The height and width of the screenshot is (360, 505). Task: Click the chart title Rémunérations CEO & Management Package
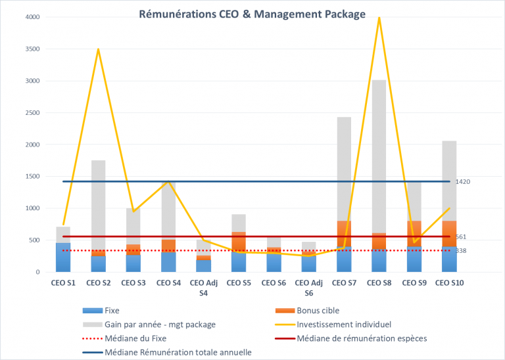[252, 14]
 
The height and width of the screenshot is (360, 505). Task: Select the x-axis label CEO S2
[98, 282]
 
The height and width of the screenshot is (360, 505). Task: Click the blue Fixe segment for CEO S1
[63, 258]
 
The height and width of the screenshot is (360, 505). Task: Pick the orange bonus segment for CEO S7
[344, 234]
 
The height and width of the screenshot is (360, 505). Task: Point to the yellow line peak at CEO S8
[379, 18]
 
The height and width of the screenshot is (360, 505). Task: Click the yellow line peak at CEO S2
[98, 49]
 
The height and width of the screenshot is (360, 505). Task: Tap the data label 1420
[463, 181]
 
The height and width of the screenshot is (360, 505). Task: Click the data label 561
[461, 236]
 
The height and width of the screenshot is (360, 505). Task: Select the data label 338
[461, 250]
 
